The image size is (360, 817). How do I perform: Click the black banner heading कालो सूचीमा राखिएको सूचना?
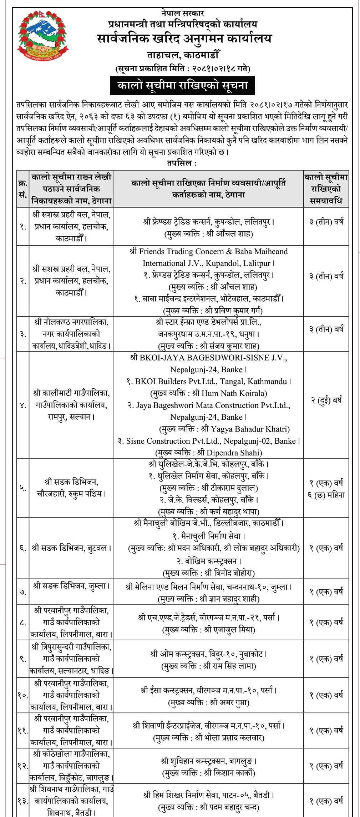pyautogui.click(x=182, y=86)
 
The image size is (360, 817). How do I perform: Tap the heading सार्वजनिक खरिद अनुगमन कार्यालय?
pyautogui.click(x=184, y=39)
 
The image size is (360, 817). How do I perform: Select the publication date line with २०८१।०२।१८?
pyautogui.click(x=183, y=67)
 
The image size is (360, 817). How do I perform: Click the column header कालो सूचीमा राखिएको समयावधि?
pyautogui.click(x=326, y=189)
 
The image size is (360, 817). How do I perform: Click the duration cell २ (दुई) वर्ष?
pyautogui.click(x=326, y=400)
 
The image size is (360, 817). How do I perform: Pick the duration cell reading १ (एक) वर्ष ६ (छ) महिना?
pyautogui.click(x=326, y=489)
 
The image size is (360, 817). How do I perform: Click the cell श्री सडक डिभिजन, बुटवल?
pyautogui.click(x=71, y=548)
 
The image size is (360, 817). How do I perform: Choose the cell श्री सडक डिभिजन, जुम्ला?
pyautogui.click(x=71, y=586)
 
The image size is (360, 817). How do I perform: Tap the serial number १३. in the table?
pyautogui.click(x=23, y=801)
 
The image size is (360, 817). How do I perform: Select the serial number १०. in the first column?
pyautogui.click(x=23, y=695)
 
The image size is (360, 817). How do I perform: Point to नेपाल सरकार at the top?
pyautogui.click(x=182, y=13)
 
